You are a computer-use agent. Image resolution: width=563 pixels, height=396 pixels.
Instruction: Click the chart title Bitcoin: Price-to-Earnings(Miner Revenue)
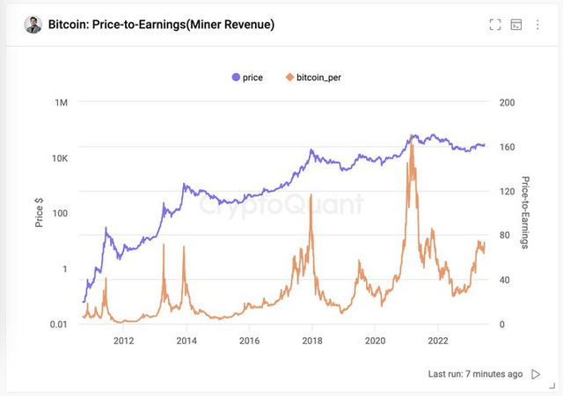[x=161, y=25]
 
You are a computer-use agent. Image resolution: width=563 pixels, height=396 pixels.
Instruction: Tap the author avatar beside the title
[x=33, y=25]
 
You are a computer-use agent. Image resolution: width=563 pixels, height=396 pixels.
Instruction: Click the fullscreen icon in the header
[x=495, y=25]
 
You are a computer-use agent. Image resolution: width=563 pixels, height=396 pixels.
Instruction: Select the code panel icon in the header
[x=516, y=25]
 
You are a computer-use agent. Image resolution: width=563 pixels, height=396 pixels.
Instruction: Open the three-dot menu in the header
[x=537, y=25]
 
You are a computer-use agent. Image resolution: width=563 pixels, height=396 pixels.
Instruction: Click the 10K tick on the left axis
[x=59, y=158]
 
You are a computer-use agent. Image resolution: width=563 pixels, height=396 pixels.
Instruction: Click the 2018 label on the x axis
[x=312, y=341]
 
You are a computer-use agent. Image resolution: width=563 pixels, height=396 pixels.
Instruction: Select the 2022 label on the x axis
[x=439, y=341]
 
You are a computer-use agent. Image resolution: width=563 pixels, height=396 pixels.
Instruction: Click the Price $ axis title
[x=40, y=213]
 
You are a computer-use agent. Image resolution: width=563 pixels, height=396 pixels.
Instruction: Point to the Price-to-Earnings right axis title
[x=525, y=213]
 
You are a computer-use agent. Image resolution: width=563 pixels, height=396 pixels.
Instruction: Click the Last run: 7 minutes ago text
[x=475, y=374]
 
